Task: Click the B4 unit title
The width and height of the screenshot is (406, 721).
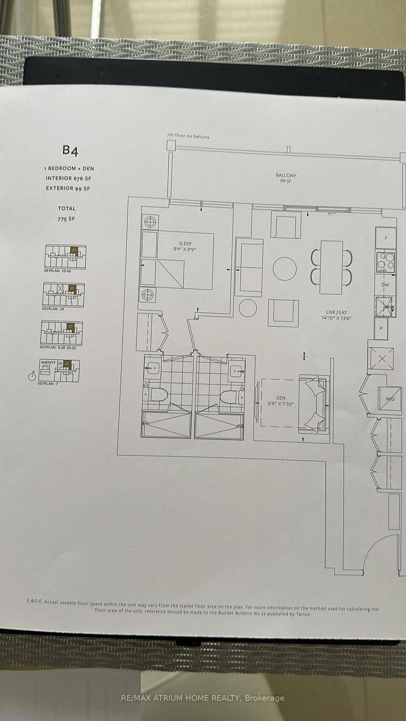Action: coord(70,151)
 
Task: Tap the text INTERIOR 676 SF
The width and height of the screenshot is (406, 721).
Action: coord(68,178)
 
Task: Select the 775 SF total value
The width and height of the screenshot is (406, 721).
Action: coord(66,219)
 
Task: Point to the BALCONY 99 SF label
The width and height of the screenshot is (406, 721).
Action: coord(286,178)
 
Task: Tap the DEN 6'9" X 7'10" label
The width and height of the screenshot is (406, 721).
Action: coord(280,401)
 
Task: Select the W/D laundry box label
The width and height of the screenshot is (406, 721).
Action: coord(390,399)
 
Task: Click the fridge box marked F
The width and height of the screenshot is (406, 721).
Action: coord(386,238)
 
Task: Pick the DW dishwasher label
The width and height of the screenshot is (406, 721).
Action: coord(385,285)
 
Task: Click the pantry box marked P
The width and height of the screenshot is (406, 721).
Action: coord(381,328)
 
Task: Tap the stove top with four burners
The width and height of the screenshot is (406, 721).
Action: coord(386,262)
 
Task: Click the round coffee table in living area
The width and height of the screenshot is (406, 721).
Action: coord(285,268)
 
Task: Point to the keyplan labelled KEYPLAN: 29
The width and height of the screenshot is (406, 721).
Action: coord(63,295)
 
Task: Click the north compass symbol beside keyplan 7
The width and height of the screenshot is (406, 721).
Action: coord(32,376)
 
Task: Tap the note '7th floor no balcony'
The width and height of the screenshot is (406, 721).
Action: coord(188,136)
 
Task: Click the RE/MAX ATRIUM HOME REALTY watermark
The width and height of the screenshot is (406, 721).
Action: coord(203,698)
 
